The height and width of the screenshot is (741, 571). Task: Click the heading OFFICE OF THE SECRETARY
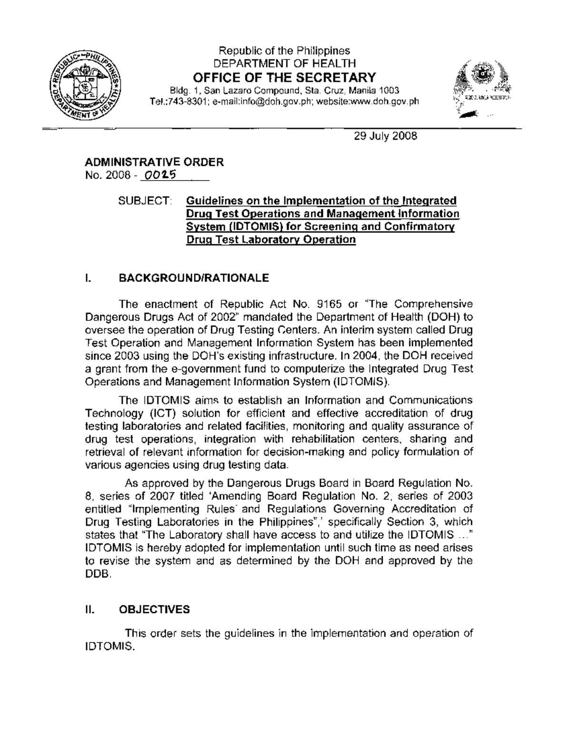point(284,77)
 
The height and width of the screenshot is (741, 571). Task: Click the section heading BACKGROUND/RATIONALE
point(193,278)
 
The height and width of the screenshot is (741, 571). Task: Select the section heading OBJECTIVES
point(154,610)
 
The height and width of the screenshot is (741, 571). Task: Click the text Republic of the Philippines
point(284,51)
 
